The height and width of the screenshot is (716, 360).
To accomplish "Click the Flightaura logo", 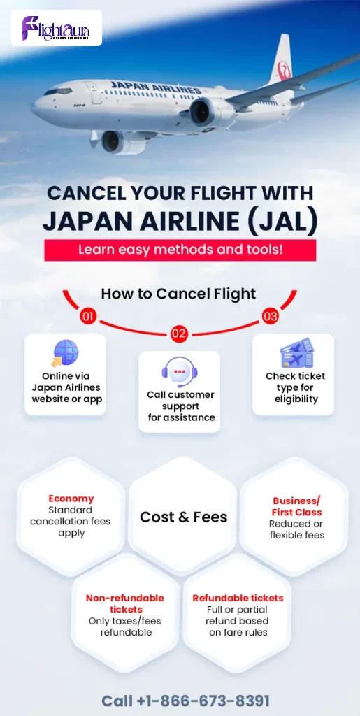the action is (x=56, y=28).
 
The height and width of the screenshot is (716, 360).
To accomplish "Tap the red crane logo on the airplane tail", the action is (x=285, y=71).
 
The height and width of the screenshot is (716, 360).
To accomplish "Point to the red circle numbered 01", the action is (x=88, y=317).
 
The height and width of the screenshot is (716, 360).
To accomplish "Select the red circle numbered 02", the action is (x=180, y=334).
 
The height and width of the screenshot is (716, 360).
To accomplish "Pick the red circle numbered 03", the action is (x=270, y=317).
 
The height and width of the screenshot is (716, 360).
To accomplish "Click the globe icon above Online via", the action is (x=65, y=354).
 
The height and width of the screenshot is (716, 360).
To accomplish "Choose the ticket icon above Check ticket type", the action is (x=297, y=353).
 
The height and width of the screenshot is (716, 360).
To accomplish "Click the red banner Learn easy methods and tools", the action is (x=180, y=250).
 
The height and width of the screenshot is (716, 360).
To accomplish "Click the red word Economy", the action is (x=71, y=499).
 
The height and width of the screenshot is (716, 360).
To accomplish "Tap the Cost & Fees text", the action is (x=183, y=517).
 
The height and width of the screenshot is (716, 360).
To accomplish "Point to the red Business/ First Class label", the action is (x=297, y=506).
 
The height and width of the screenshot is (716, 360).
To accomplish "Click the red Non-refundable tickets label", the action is (x=125, y=603).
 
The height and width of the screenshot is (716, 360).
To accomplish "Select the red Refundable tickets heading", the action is (x=238, y=599).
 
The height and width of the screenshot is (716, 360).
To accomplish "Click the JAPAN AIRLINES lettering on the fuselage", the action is (x=156, y=87).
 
